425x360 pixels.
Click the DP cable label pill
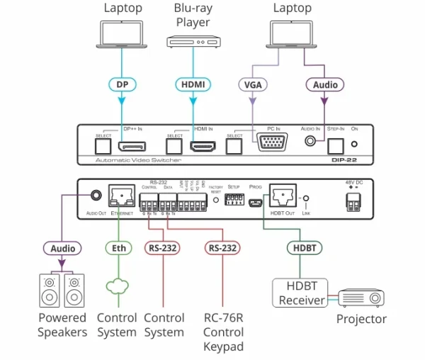[x=122, y=84]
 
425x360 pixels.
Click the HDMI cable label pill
[x=193, y=84]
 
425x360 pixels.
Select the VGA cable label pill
[x=252, y=84]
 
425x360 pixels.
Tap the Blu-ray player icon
[x=193, y=42]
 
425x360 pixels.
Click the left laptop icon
[x=123, y=34]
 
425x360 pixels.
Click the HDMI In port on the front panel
[x=203, y=147]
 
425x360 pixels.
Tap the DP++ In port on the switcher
[x=132, y=147]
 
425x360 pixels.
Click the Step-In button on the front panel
[x=335, y=146]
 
